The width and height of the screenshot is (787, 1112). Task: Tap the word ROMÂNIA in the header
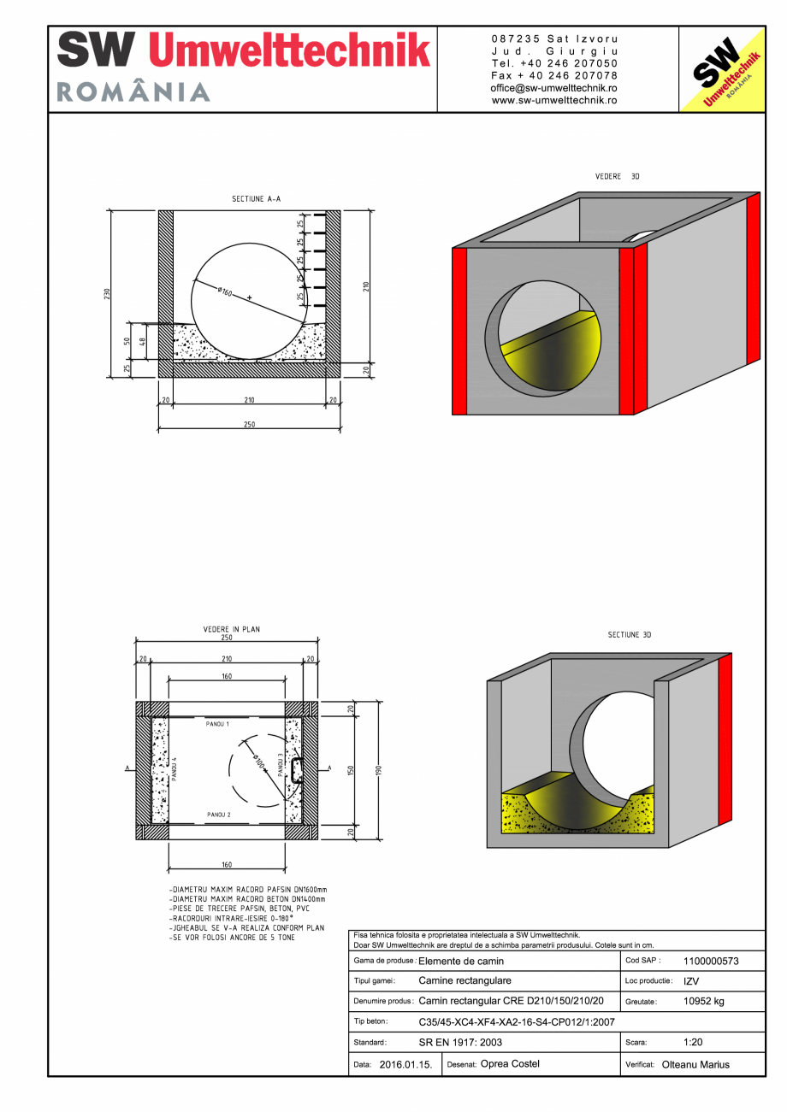tap(133, 92)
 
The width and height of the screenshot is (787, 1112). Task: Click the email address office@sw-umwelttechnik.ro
tap(554, 88)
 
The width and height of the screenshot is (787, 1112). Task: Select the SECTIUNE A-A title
tap(256, 198)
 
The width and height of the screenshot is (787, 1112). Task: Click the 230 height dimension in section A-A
tap(107, 293)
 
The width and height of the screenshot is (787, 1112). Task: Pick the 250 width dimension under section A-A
tap(249, 424)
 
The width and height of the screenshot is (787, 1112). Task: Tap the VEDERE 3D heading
tap(617, 176)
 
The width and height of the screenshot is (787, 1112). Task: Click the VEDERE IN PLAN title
tap(231, 629)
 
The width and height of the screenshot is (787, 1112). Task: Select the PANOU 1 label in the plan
tap(217, 724)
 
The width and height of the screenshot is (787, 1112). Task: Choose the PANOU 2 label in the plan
tap(217, 815)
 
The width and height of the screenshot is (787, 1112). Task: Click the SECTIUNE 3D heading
tap(630, 635)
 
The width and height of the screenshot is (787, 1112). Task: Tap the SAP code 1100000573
tap(711, 961)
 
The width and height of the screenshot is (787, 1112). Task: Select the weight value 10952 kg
tap(704, 1001)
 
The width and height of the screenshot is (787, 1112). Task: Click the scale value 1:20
tap(694, 1043)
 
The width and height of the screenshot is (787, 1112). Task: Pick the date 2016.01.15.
tap(405, 1065)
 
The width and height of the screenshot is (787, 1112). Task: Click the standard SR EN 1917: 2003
tap(460, 1043)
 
